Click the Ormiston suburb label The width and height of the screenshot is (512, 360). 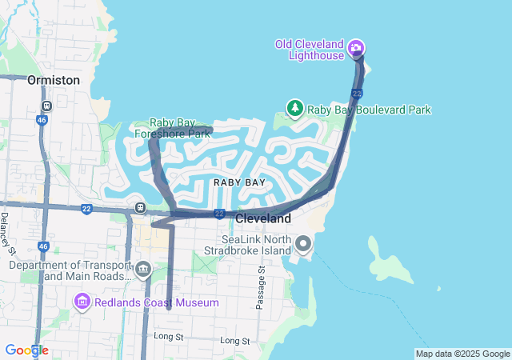click(54, 81)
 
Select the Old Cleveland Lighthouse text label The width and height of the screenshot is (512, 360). click(309, 50)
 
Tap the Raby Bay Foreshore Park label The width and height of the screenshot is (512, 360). click(171, 128)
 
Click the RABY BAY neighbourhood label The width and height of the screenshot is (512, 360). click(239, 183)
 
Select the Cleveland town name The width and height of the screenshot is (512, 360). click(263, 218)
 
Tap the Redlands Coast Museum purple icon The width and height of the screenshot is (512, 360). click(82, 302)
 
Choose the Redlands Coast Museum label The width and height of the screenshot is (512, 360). click(157, 302)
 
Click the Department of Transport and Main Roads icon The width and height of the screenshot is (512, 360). click(143, 269)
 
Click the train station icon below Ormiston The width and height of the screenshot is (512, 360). click(47, 105)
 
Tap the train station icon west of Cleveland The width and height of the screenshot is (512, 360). click(140, 208)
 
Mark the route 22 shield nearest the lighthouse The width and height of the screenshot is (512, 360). click(357, 94)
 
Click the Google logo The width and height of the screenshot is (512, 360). click(26, 350)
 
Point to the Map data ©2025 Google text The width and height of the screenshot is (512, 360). click(462, 354)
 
